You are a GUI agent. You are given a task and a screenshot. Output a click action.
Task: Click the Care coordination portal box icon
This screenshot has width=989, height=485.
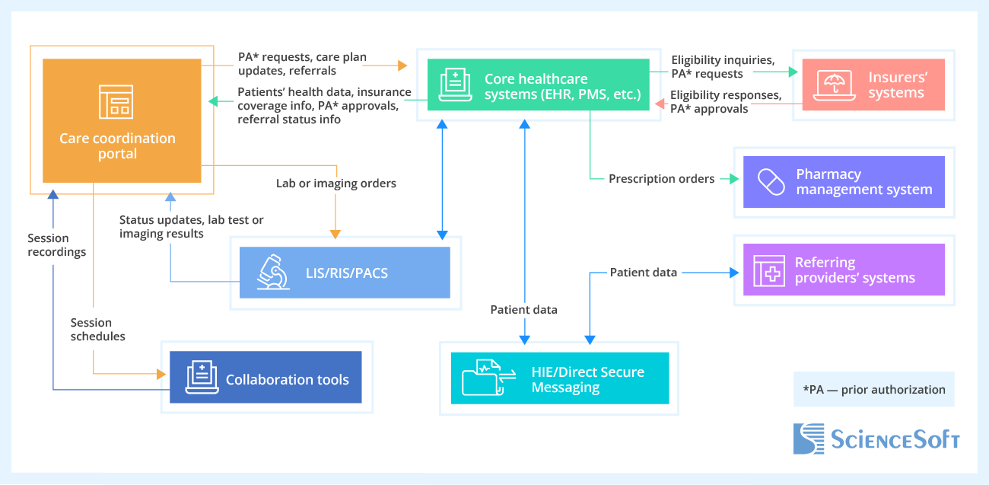pos(116,101)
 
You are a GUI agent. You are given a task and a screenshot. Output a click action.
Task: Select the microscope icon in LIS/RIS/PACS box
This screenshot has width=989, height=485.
pos(273,272)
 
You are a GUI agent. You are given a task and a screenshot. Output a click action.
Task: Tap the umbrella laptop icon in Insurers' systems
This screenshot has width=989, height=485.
pos(835,85)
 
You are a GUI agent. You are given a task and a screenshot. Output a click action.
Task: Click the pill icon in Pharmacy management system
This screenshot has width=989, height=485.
pos(771,182)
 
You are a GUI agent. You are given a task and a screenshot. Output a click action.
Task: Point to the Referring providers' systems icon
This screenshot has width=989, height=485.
pos(768,270)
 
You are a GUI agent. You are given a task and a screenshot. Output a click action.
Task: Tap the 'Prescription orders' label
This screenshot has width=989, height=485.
pos(661,179)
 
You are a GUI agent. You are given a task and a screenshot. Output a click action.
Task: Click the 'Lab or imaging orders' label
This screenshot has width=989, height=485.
pos(335,183)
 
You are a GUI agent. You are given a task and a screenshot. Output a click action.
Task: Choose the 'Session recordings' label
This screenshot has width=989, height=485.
pos(56,244)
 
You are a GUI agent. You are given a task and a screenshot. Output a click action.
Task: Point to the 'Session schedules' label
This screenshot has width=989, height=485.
pos(97,329)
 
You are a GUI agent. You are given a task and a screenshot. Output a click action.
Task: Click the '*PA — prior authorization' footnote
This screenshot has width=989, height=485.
pos(873,390)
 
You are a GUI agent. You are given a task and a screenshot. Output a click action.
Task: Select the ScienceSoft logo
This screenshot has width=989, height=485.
pos(876,439)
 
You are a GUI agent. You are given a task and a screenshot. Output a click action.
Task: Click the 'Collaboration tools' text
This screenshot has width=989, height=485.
pos(287,379)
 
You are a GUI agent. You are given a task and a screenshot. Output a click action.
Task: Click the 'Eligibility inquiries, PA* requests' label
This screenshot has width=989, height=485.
pos(722,66)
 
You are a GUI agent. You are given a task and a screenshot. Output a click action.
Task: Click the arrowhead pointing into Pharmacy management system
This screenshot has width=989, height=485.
pos(733,179)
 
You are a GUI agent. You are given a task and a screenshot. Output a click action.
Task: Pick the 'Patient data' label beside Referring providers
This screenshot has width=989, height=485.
pos(643,273)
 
